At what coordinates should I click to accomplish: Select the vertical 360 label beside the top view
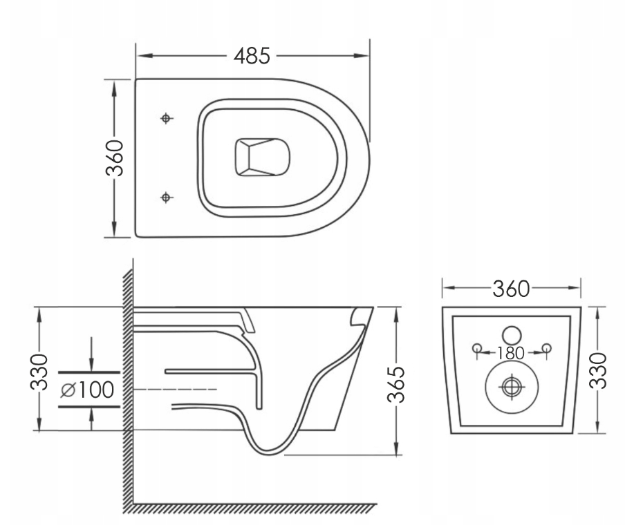tap(115, 158)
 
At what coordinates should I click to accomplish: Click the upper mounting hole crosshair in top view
tap(165, 119)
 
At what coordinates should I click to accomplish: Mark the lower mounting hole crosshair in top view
tap(165, 198)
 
